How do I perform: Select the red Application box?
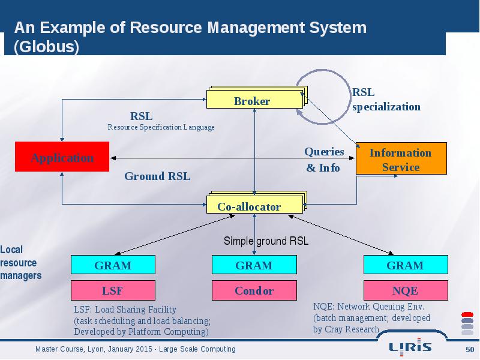(62, 157)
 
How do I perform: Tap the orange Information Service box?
(401, 158)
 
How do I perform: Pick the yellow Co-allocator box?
(257, 202)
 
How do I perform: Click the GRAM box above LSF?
(113, 265)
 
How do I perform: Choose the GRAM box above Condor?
(254, 265)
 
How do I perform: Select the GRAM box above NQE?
(406, 265)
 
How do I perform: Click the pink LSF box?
(113, 290)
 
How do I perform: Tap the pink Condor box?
(254, 290)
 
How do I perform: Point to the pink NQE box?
(406, 290)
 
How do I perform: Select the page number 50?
(470, 350)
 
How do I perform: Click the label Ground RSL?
(157, 176)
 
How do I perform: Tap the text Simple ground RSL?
(266, 241)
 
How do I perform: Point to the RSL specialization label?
(386, 100)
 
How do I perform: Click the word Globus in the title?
(47, 47)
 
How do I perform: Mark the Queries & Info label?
(324, 160)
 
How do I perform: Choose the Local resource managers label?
(21, 263)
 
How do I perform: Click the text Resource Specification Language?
(161, 127)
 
